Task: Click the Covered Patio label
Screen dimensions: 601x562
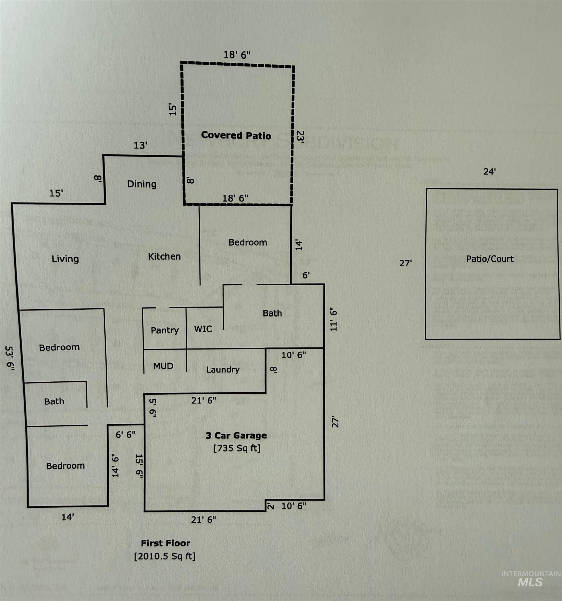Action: [x=236, y=135]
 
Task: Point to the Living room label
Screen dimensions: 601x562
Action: [x=65, y=259]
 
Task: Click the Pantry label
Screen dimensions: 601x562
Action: [x=165, y=330]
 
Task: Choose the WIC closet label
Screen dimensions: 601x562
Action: [x=203, y=329]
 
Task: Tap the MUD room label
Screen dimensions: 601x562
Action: [x=163, y=366]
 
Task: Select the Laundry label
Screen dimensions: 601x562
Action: [x=223, y=369]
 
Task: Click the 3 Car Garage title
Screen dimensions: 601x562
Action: [x=236, y=436]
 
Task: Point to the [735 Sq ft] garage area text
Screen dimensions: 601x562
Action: [x=237, y=448]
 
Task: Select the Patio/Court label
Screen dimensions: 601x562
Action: [x=490, y=259]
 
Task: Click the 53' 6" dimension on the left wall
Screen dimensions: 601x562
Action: [x=10, y=358]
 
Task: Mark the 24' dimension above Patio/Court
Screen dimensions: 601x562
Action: [x=490, y=172]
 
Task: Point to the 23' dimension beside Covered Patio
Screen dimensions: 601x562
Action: [x=300, y=137]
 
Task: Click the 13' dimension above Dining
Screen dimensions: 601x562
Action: [x=140, y=145]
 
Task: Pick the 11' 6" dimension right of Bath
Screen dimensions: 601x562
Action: [x=333, y=320]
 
